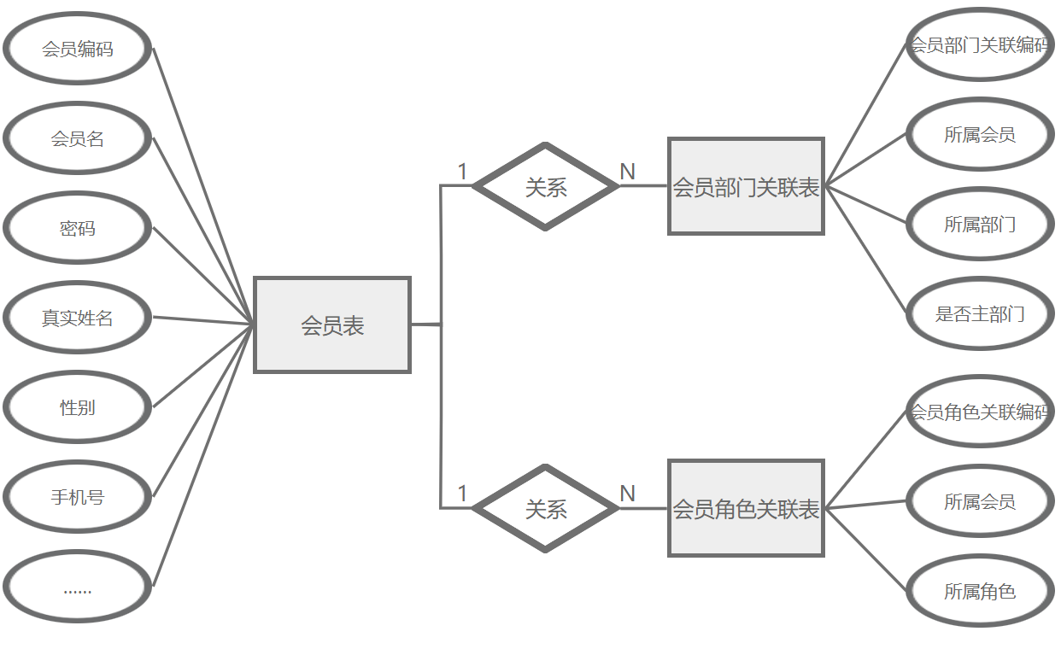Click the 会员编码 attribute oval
point(78,49)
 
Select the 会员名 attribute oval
point(78,138)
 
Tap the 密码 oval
point(78,228)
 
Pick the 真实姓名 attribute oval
point(78,318)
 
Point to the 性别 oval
point(78,407)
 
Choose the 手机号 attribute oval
point(78,497)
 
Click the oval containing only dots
point(78,587)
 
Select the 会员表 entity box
point(332,324)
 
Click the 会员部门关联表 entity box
point(746,186)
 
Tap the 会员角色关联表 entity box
point(746,509)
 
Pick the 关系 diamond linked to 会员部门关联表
point(546,186)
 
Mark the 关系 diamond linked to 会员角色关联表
point(546,509)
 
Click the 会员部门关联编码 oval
point(979,44)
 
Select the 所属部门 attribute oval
point(979,224)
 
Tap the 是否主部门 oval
point(979,313)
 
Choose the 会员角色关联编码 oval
point(979,412)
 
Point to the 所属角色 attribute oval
point(979,591)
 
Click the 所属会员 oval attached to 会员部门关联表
point(979,134)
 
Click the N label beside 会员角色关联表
point(627,494)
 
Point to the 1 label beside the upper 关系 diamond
point(462,172)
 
